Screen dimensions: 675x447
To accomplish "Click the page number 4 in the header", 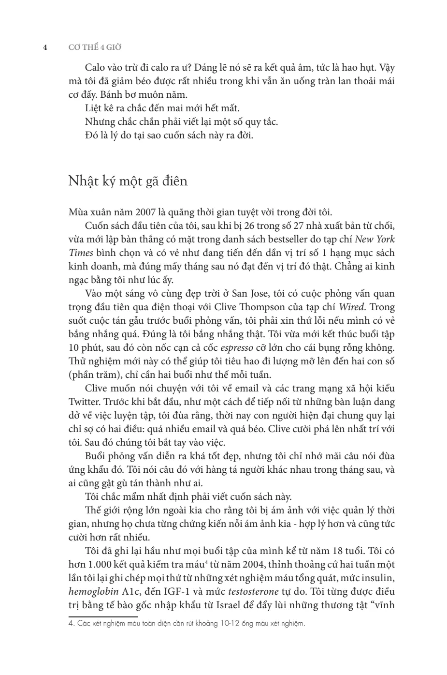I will [x=45, y=47].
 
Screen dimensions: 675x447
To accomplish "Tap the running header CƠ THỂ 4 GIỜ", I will [x=94, y=47].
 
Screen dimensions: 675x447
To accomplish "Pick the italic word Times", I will [x=79, y=253].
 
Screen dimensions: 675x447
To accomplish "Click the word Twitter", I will [x=84, y=402].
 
